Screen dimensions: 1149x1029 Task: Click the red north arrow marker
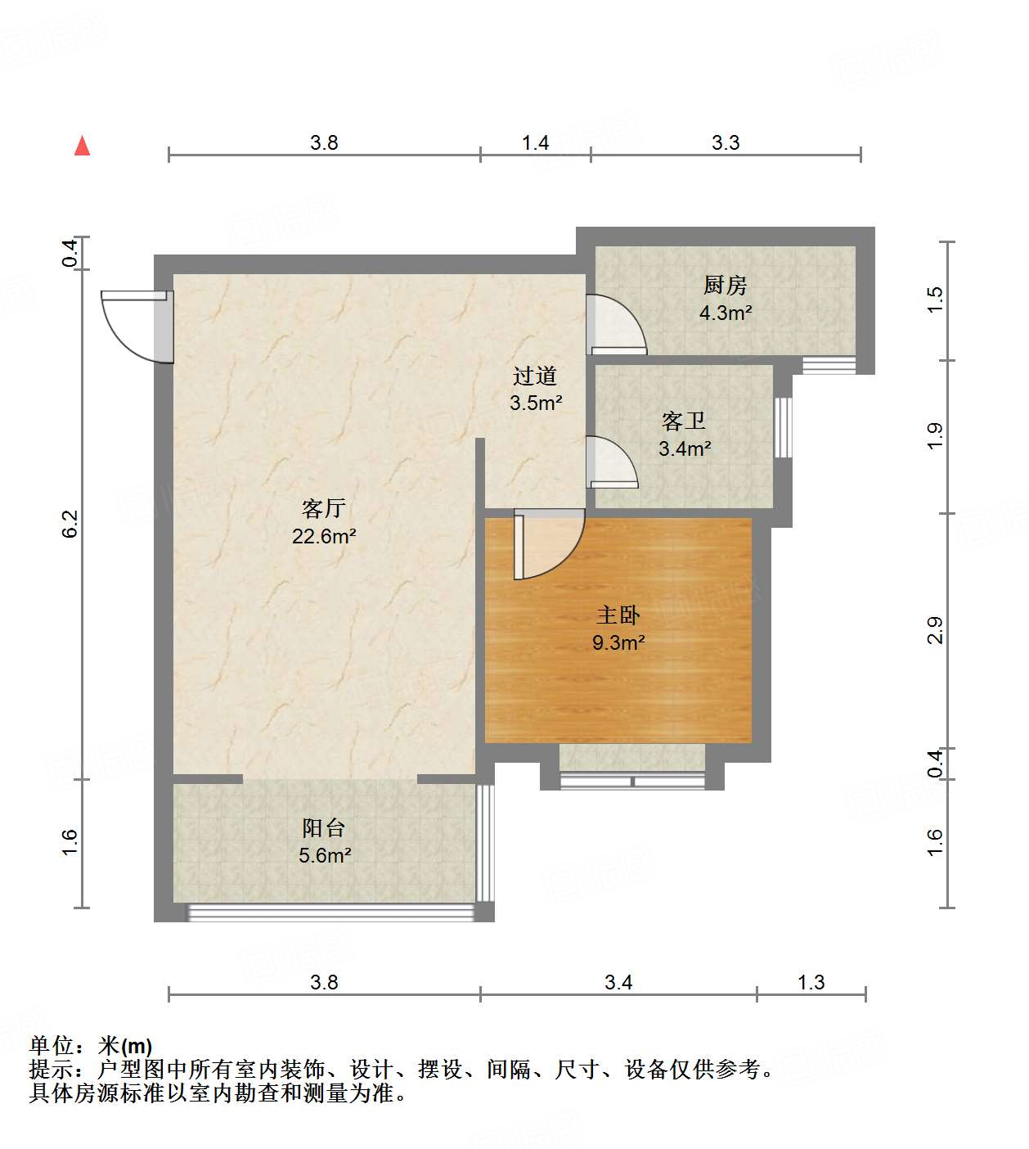[82, 146]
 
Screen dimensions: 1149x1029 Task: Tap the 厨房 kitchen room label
[725, 285]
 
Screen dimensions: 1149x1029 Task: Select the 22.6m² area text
[324, 537]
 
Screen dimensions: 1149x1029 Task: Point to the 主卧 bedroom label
[618, 615]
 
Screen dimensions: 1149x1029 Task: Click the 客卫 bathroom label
[684, 421]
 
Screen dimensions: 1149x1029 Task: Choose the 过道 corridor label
[535, 376]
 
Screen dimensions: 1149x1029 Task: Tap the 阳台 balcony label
[324, 828]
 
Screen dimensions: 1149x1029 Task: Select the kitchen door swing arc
[618, 324]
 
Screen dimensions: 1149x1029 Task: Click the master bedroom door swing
[548, 544]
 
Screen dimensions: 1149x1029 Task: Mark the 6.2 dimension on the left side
[70, 524]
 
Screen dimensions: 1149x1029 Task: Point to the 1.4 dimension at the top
[535, 143]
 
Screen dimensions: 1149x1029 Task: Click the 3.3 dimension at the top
[725, 143]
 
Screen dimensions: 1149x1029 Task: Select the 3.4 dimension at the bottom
[618, 982]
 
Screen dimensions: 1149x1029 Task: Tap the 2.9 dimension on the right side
[935, 630]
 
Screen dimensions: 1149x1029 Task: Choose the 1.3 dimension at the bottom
[811, 982]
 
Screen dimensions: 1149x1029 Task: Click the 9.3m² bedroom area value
[618, 643]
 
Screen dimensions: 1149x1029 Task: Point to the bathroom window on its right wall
[783, 427]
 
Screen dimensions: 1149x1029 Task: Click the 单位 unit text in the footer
[51, 1045]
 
